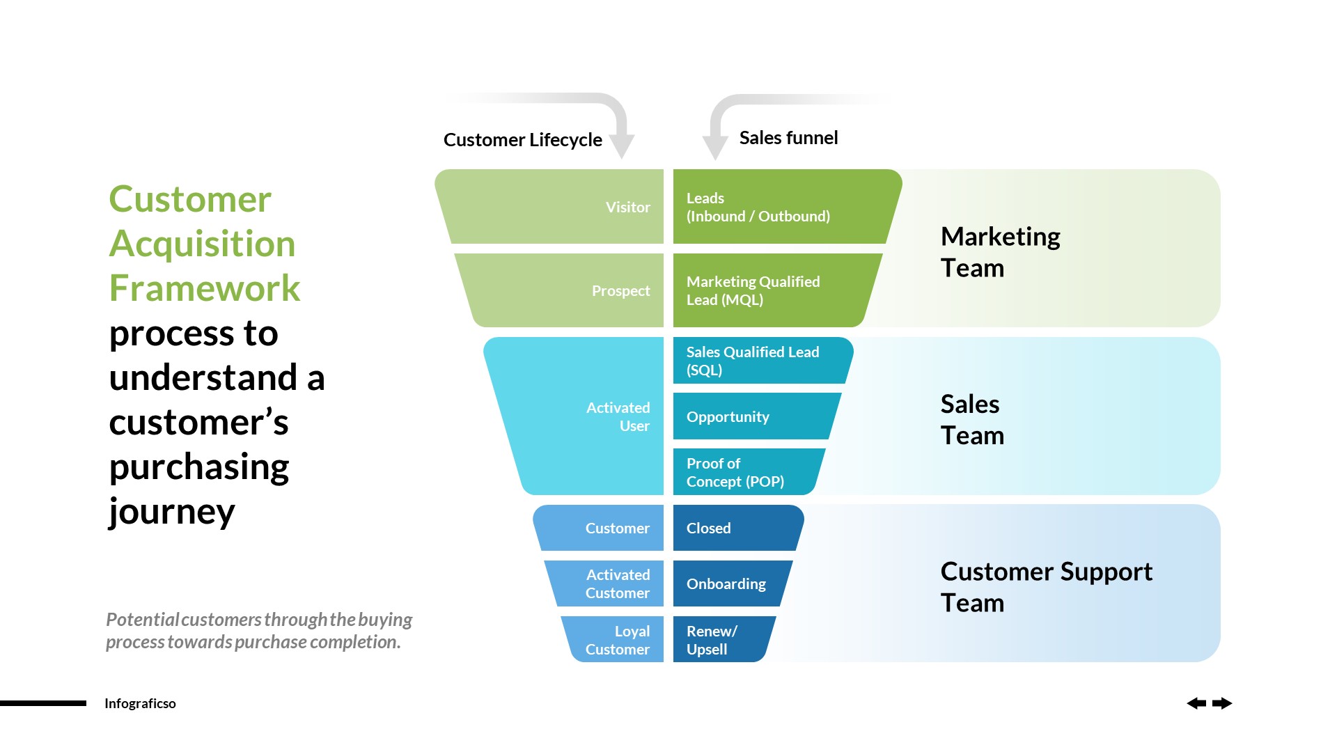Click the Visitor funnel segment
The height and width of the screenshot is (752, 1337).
[x=557, y=207]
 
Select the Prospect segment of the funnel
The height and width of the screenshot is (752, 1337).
[x=568, y=290]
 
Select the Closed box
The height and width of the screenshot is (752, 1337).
[x=735, y=528]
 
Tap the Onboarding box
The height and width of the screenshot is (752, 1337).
[x=728, y=583]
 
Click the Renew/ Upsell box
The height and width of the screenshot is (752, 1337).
[x=717, y=640]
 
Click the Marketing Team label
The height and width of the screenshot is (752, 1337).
[x=1000, y=252]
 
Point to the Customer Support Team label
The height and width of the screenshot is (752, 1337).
[x=1046, y=586]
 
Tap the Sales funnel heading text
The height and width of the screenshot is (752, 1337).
[x=788, y=138]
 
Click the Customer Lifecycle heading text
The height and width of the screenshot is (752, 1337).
[x=522, y=140]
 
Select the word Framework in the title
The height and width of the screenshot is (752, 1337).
[x=205, y=288]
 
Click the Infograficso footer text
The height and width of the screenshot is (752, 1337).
[x=140, y=703]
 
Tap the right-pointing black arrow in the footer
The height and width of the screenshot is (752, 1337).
[x=1222, y=703]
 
